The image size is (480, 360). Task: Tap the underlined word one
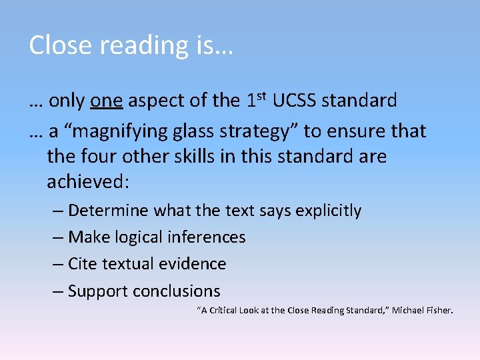pyautogui.click(x=106, y=101)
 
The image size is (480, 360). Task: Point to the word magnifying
pyautogui.click(x=109, y=131)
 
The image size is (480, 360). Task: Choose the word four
pyautogui.click(x=101, y=157)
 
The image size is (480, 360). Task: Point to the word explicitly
pyautogui.click(x=329, y=211)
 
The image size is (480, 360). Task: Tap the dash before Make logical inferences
pyautogui.click(x=57, y=237)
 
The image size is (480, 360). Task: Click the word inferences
pyautogui.click(x=207, y=237)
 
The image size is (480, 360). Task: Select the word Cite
pyautogui.click(x=83, y=264)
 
